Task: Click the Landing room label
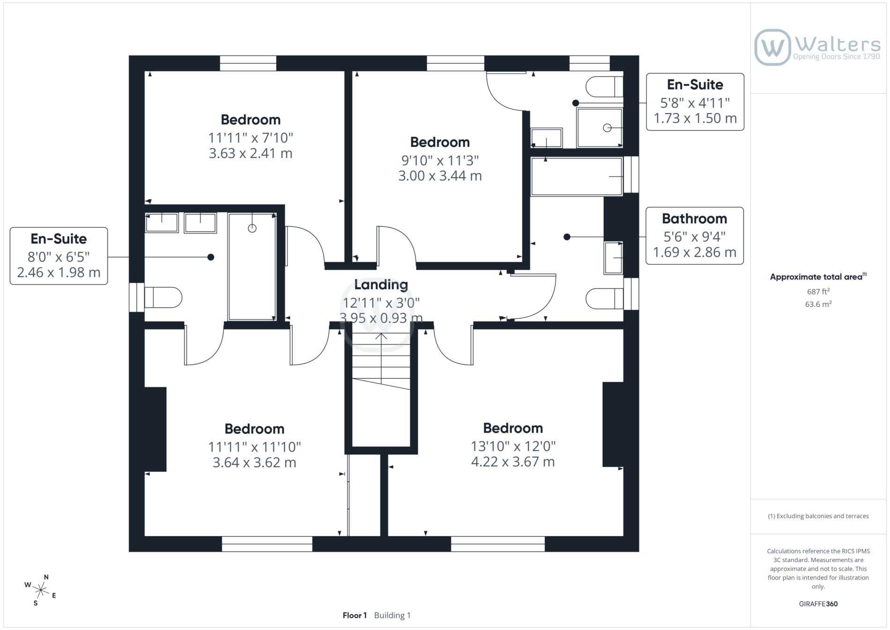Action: [x=381, y=285]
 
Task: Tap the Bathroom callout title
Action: [x=694, y=218]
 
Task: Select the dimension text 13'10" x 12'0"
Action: [x=513, y=446]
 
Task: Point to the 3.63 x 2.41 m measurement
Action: [x=251, y=153]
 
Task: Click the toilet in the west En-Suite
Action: [x=163, y=297]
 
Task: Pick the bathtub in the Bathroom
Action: [x=577, y=176]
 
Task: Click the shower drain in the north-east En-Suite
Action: [x=607, y=127]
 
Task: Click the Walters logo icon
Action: [x=772, y=47]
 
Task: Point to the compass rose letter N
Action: [x=46, y=577]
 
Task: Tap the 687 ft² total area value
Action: [x=818, y=291]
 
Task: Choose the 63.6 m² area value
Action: [x=818, y=304]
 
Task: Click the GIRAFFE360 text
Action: [x=818, y=604]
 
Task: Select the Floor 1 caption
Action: [x=355, y=615]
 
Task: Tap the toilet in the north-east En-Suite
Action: [x=605, y=86]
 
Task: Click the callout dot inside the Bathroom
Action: [x=567, y=237]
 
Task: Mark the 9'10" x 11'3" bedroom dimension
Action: [x=440, y=160]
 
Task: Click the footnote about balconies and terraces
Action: [x=818, y=516]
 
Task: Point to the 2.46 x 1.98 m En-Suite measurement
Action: [x=59, y=272]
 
